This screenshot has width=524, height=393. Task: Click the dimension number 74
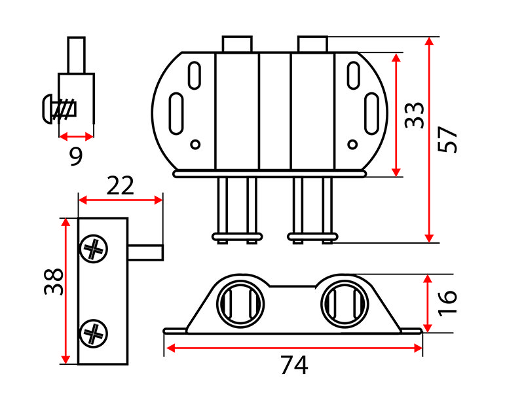pos(294,365)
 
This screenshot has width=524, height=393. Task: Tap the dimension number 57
pos(447,140)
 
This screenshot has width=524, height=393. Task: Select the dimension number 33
pos(414,115)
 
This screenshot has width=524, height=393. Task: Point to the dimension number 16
pos(447,303)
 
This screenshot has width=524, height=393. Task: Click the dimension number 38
pos(54,282)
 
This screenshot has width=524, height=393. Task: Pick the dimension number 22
pos(120,185)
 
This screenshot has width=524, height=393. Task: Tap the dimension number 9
pos(76,156)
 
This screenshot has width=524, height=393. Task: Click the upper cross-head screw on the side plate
pos(94,249)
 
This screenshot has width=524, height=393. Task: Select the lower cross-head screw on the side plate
pos(94,333)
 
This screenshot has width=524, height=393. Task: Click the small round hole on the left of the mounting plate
pos(195,144)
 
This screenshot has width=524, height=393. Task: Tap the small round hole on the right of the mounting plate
pos(352,144)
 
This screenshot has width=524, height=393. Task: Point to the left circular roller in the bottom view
pos(240,304)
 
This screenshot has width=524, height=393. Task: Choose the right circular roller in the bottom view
pos(345,304)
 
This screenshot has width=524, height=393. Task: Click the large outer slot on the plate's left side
pos(176,113)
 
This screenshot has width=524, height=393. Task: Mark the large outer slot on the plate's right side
pos(371,113)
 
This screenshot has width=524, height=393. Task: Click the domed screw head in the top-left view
pos(48,109)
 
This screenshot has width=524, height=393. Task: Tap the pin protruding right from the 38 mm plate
pos(145,252)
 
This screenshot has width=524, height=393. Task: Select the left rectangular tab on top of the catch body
pos(237,44)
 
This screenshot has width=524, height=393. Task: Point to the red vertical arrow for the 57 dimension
pos(429,140)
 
